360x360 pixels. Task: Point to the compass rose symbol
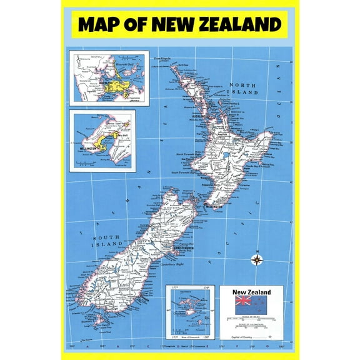[256, 260]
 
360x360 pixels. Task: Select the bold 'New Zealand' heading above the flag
[251, 292]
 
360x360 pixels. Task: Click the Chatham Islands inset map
[191, 312]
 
